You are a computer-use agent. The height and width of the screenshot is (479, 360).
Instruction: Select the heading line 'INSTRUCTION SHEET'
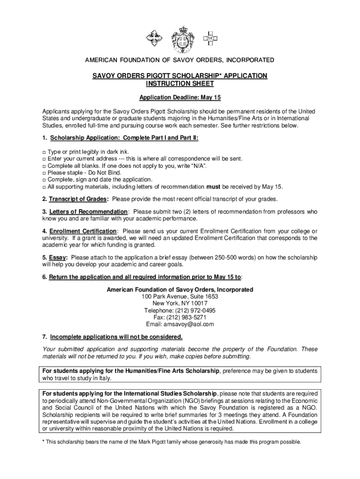click(x=180, y=84)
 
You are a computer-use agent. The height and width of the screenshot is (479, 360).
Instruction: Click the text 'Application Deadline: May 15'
click(x=180, y=98)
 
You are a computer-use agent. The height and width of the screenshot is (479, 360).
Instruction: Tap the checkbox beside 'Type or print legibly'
click(x=44, y=152)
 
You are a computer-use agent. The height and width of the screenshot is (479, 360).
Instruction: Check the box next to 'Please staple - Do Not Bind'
click(x=44, y=173)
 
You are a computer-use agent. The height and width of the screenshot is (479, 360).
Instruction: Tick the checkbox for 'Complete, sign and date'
click(x=44, y=180)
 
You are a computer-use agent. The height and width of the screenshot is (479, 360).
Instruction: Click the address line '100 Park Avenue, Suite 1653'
click(x=180, y=297)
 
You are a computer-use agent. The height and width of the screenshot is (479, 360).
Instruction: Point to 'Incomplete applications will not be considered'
click(x=116, y=337)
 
